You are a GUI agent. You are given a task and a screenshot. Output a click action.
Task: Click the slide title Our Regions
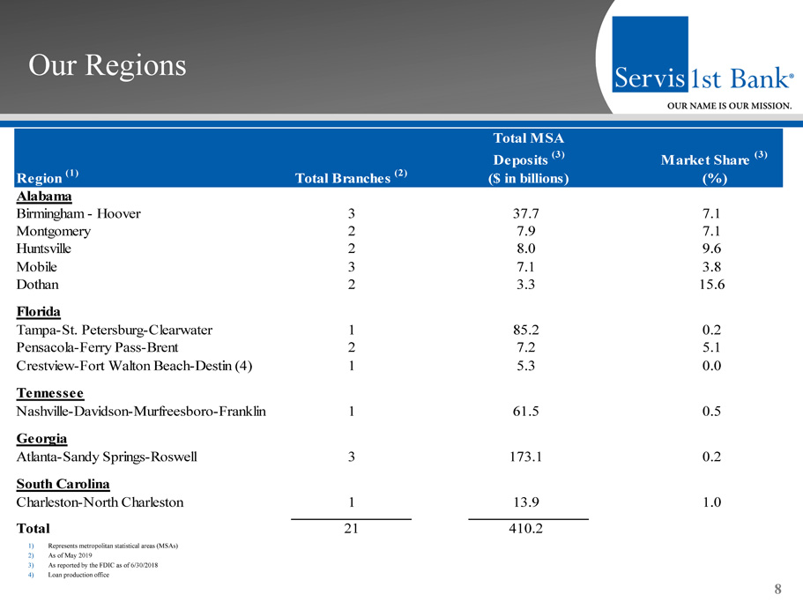pos(108,65)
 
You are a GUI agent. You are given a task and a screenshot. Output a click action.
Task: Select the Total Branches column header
pos(351,179)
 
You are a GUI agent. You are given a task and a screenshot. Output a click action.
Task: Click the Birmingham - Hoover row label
pos(78,213)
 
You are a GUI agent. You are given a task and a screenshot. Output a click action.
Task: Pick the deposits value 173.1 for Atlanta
pos(528,457)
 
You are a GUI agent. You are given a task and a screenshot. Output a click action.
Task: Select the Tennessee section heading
pos(50,393)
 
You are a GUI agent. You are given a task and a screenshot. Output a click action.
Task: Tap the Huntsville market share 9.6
pos(711,249)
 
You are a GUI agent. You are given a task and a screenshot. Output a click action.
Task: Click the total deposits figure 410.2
pos(528,529)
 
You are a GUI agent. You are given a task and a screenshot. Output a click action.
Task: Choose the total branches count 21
pos(351,529)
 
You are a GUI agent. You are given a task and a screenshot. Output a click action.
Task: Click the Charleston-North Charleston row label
pos(100,502)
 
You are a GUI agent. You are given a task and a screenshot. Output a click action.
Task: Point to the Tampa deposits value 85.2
pos(528,330)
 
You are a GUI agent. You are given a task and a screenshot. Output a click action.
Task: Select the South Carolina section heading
pos(63,484)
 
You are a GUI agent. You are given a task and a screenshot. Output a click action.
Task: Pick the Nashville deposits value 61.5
pos(528,411)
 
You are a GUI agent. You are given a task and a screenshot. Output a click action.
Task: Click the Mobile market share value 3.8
pos(711,267)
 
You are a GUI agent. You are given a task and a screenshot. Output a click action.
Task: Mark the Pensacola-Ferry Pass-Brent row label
pos(98,347)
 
